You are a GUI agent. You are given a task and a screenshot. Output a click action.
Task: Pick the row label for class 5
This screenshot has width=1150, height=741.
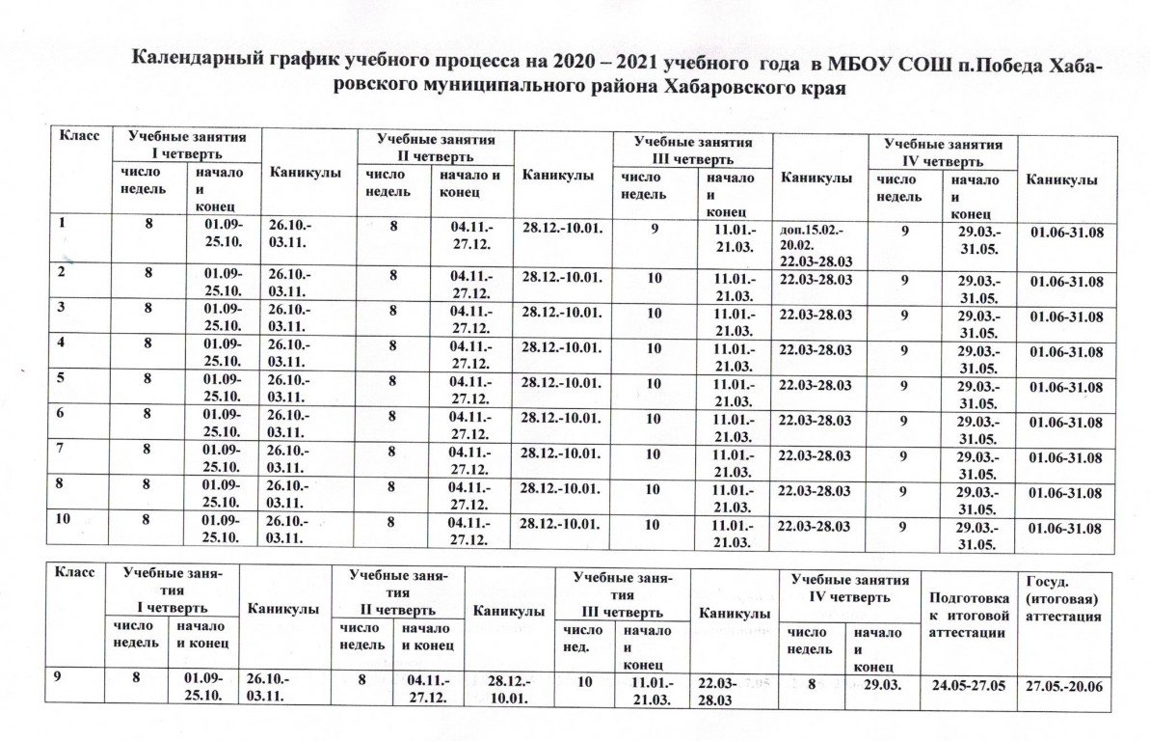64,379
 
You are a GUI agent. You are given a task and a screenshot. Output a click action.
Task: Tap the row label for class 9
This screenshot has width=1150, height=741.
60,678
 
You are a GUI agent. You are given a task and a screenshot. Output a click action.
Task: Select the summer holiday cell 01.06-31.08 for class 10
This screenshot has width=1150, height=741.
1066,528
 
